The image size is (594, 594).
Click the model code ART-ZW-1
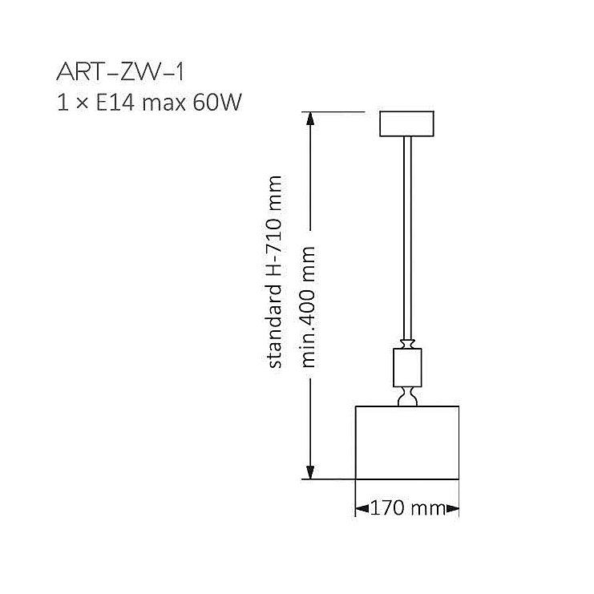click(120, 72)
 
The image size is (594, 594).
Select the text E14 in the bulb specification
click(115, 102)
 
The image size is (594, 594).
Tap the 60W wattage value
click(217, 102)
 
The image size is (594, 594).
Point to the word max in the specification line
click(164, 103)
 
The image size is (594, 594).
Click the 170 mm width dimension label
click(407, 507)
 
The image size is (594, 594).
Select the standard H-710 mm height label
click(274, 272)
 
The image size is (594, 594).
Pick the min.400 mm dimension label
click(307, 307)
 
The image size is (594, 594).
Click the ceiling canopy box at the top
click(407, 123)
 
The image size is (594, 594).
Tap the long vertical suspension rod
click(407, 238)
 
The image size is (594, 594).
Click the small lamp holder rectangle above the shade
click(407, 367)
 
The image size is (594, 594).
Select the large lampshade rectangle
click(407, 442)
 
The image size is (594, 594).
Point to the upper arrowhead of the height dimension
click(310, 119)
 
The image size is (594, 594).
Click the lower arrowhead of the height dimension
click(310, 472)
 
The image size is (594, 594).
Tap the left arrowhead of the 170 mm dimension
click(362, 508)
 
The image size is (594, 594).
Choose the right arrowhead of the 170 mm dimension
click(452, 508)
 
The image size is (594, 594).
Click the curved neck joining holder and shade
click(407, 397)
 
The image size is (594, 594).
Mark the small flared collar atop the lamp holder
click(407, 344)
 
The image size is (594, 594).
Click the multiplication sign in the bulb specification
click(82, 103)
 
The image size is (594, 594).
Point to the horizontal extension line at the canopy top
click(333, 111)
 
